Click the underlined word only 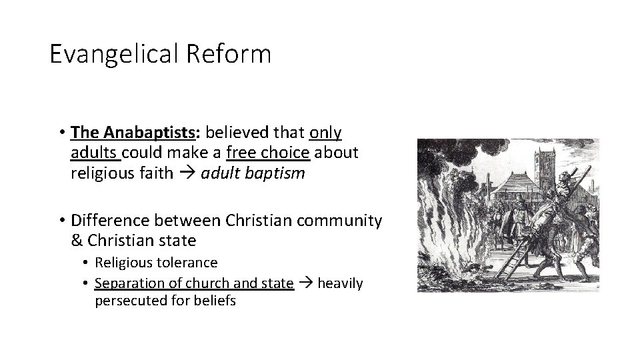tap(325, 133)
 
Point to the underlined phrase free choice tap(268, 153)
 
